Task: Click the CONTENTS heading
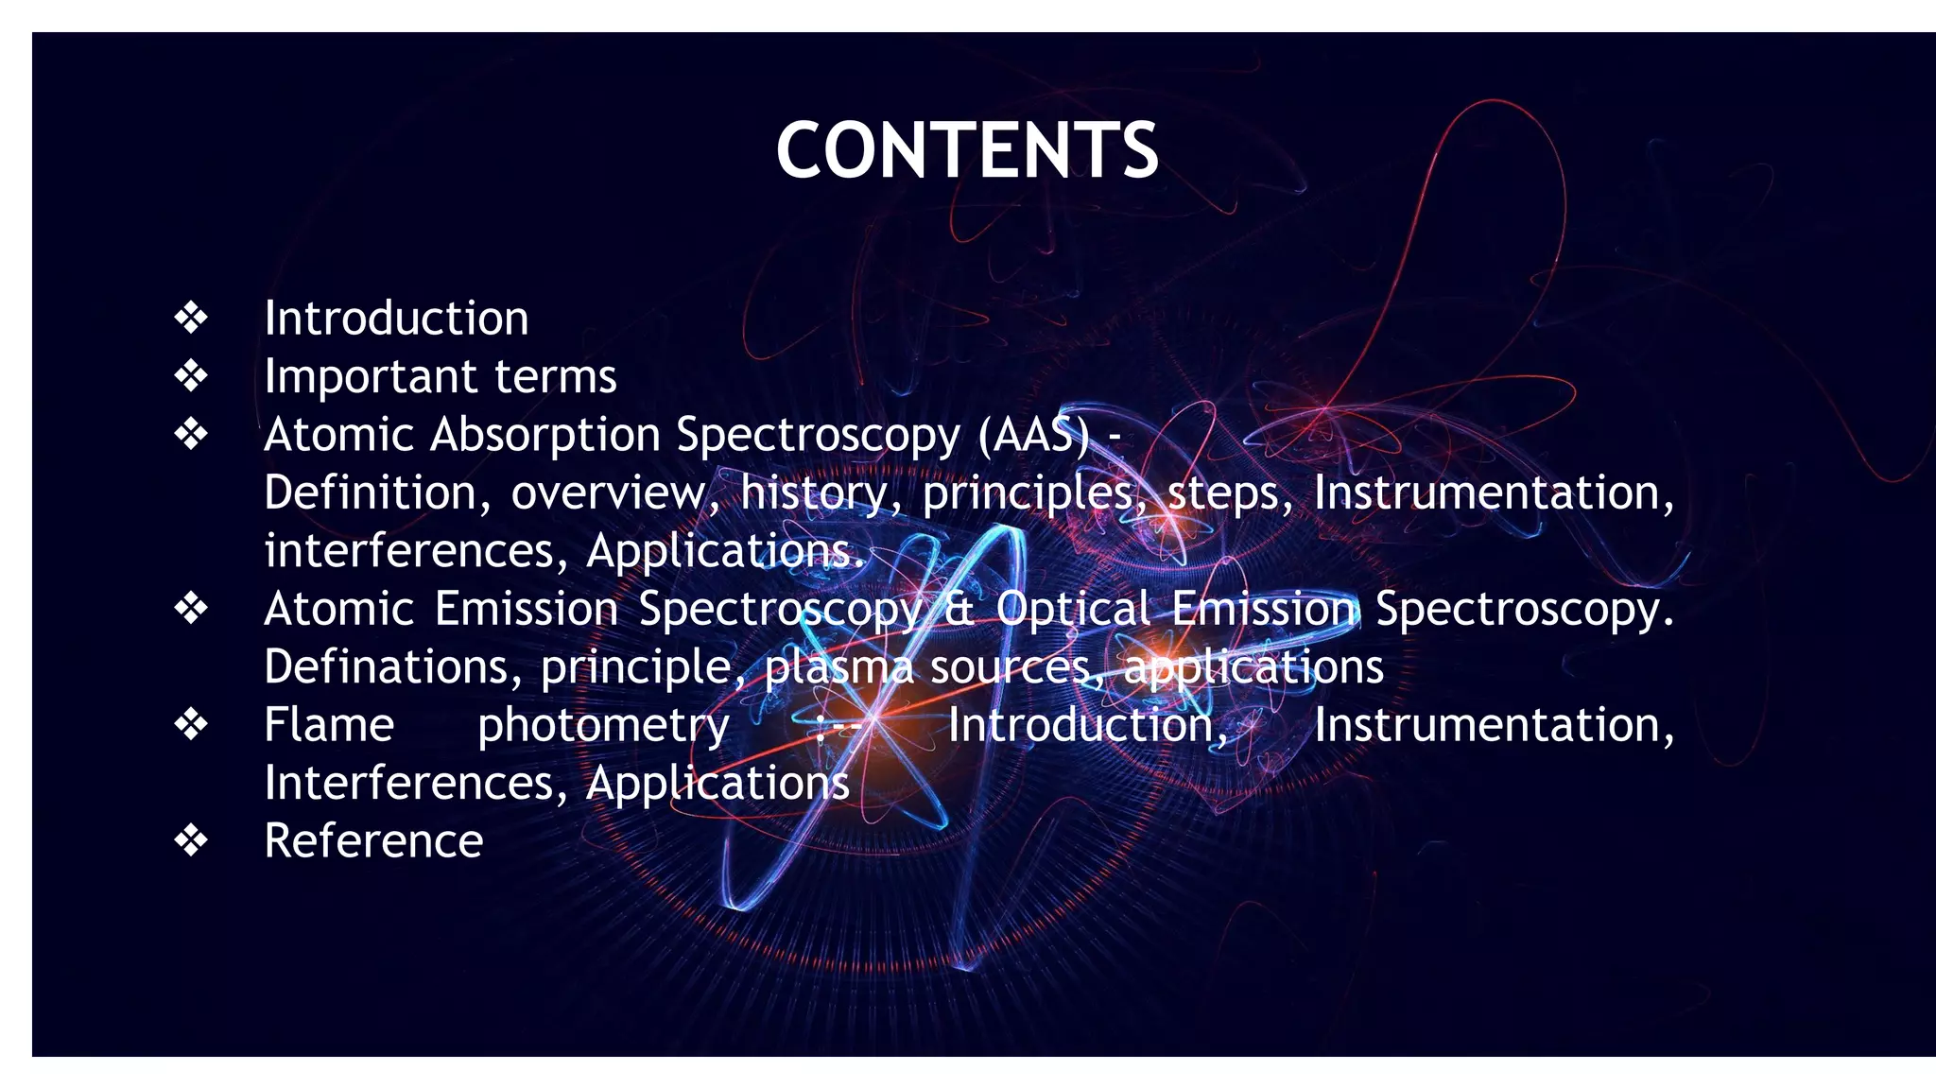tap(967, 150)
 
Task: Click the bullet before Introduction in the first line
tap(191, 318)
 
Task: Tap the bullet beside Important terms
tap(191, 376)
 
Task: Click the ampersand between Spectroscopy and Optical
tap(959, 609)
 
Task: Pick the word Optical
tap(1073, 609)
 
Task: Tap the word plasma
tap(838, 667)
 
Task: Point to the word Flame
tap(329, 725)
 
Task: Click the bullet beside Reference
tap(191, 841)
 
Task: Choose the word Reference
tap(373, 841)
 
